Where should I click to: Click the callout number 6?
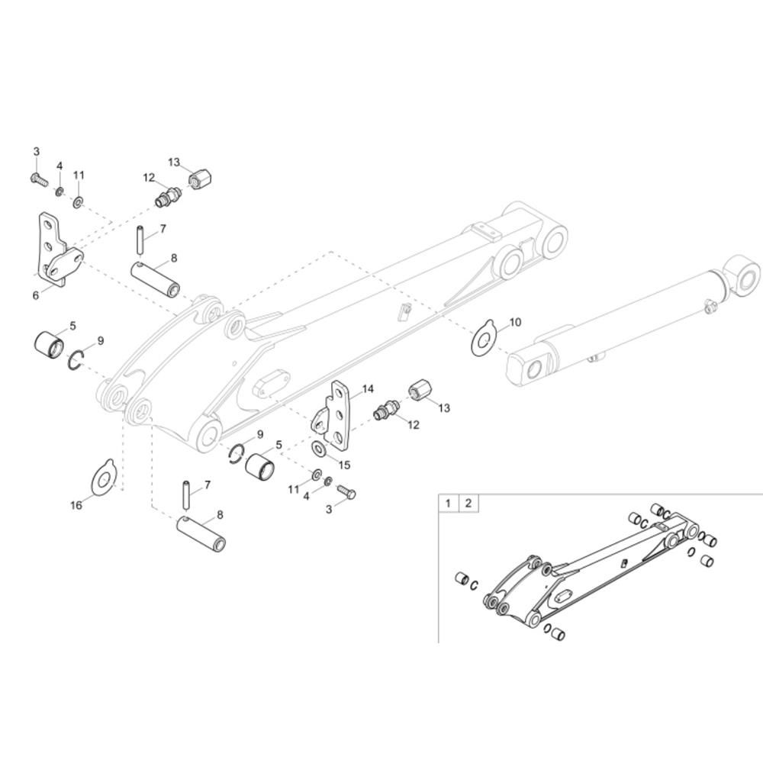tap(36, 295)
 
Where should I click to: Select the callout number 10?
tap(515, 322)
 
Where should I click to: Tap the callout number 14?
tap(368, 389)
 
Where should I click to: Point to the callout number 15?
tap(344, 465)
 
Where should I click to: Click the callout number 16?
tap(76, 506)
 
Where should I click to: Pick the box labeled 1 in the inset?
tap(448, 503)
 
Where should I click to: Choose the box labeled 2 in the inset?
tap(468, 503)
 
